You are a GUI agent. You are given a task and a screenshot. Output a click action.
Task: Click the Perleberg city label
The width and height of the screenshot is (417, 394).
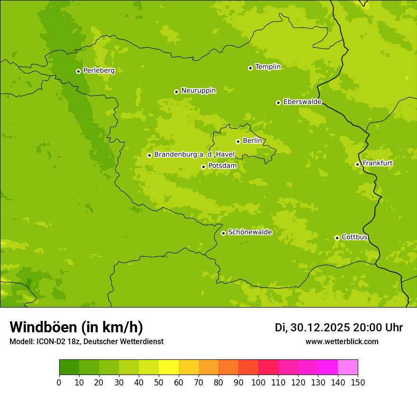pyautogui.click(x=99, y=71)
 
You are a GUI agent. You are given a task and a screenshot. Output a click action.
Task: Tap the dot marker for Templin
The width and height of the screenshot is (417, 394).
pyautogui.click(x=250, y=68)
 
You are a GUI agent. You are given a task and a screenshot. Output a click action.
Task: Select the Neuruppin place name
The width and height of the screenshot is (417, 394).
pyautogui.click(x=198, y=91)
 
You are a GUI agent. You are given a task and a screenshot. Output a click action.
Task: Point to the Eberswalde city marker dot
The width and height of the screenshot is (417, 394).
pyautogui.click(x=278, y=103)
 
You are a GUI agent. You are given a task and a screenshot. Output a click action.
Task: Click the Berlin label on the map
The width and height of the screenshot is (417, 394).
pyautogui.click(x=252, y=141)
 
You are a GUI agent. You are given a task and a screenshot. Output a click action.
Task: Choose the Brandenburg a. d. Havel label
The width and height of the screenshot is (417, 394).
pyautogui.click(x=194, y=155)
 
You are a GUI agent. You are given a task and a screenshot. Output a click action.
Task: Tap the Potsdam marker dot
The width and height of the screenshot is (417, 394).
pyautogui.click(x=203, y=167)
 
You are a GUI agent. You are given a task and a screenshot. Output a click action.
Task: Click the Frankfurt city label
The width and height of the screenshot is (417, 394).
pyautogui.click(x=377, y=163)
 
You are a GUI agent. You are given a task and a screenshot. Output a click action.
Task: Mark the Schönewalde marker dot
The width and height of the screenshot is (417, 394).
pyautogui.click(x=223, y=233)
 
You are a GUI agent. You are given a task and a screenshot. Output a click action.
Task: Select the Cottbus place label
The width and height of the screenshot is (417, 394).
pyautogui.click(x=354, y=237)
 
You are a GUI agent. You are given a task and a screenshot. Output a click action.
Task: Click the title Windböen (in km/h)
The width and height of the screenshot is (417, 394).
pyautogui.click(x=76, y=328)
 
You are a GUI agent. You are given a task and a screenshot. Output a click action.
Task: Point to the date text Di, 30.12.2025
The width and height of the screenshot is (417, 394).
pyautogui.click(x=312, y=328)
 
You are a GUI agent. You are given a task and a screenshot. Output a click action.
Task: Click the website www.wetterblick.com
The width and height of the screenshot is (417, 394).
pyautogui.click(x=342, y=341)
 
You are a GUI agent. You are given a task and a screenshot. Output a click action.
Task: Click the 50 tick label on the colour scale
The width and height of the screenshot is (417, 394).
pyautogui.click(x=159, y=383)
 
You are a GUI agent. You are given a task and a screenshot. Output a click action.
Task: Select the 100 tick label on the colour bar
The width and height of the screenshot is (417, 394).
pyautogui.click(x=258, y=383)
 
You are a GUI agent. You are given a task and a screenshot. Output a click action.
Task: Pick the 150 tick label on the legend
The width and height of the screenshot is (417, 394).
pyautogui.click(x=358, y=383)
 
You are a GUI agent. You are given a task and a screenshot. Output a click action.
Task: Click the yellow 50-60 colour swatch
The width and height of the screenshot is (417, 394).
pyautogui.click(x=169, y=367)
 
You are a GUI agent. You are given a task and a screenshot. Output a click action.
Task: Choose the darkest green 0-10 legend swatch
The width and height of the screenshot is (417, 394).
pyautogui.click(x=69, y=367)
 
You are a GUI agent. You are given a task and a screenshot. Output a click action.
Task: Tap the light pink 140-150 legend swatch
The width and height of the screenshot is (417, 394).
pyautogui.click(x=348, y=367)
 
